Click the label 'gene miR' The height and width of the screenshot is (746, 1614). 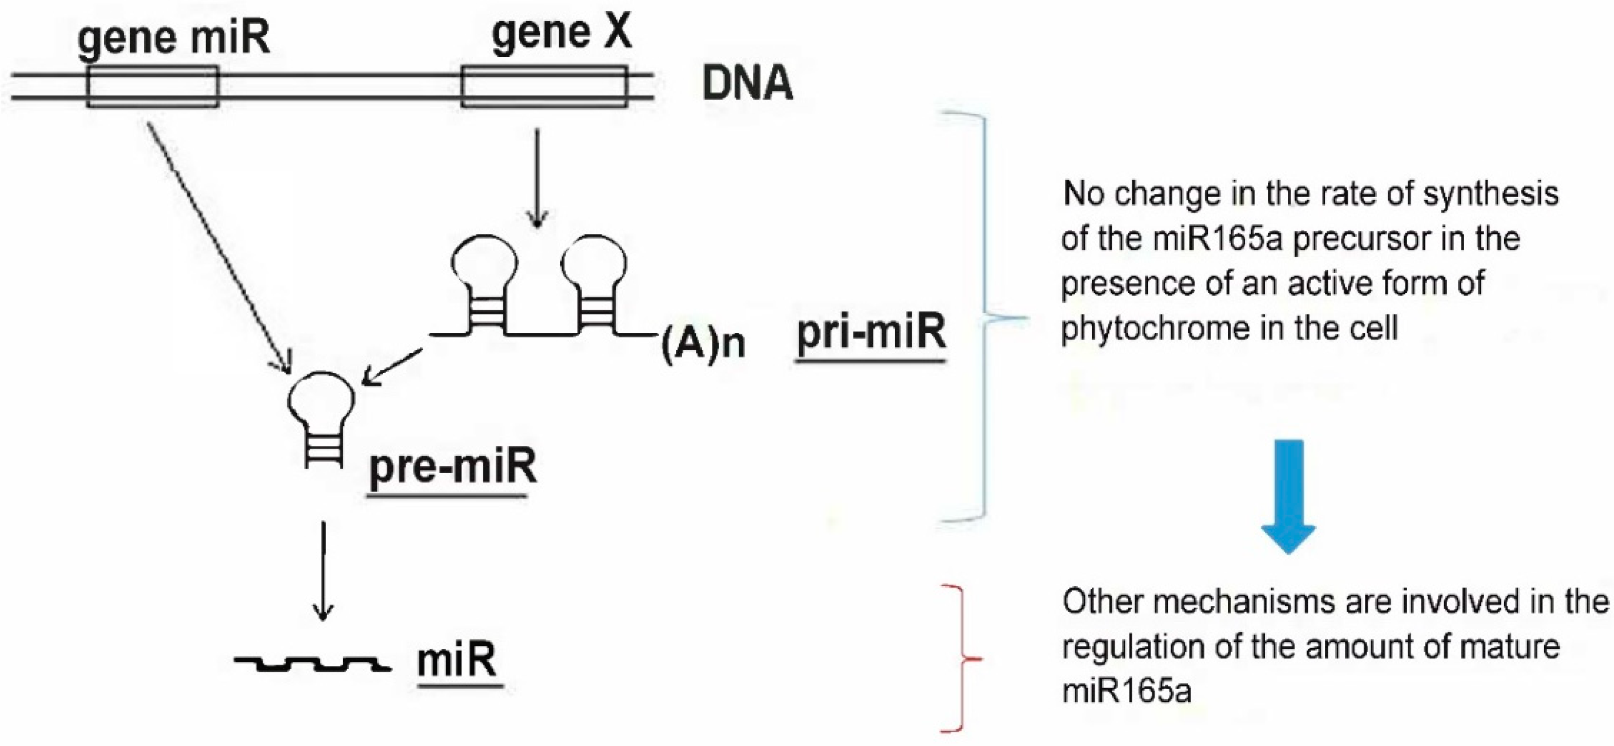coord(174,37)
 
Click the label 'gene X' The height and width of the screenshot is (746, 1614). coord(561,33)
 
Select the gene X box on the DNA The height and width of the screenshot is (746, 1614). coord(544,87)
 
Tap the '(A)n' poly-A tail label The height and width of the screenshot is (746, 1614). coord(703,343)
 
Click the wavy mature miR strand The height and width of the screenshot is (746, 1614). coord(312,663)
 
